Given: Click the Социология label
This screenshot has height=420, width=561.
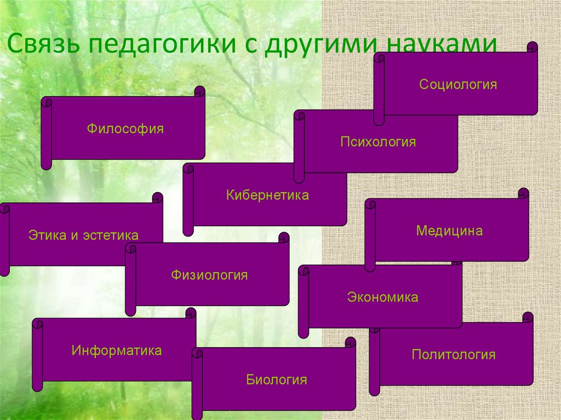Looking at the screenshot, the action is [458, 85].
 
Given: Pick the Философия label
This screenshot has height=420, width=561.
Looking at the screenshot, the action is [125, 129].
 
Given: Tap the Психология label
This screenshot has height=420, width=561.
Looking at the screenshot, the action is [378, 142].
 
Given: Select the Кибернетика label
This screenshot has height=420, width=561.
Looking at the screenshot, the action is [267, 195].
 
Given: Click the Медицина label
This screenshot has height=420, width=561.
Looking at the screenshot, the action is [449, 231].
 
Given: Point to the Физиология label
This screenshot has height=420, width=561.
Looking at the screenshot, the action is [209, 275].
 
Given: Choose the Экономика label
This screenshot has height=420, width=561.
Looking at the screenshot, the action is [382, 297].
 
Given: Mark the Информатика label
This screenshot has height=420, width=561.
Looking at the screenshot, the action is [117, 350].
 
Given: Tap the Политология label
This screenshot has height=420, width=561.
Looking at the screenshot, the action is [454, 355].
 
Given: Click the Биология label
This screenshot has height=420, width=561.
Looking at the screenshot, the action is [277, 379].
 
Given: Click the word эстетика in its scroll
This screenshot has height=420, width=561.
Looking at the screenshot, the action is [111, 236].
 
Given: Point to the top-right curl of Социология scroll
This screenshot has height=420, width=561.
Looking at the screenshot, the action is [533, 47].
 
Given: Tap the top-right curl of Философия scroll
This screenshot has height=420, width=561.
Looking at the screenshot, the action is [199, 91].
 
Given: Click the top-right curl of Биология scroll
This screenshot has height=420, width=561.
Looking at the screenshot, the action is [351, 342].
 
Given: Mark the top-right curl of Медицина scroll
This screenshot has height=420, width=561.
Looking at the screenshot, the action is [523, 193].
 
